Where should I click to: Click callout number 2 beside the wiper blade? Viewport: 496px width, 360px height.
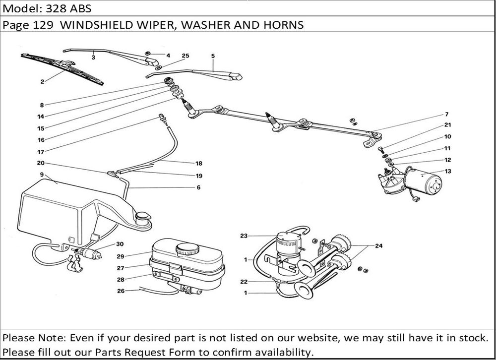pos(43,81)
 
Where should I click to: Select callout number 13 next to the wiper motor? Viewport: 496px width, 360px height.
pos(448,171)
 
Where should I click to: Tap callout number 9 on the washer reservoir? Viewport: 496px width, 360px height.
pos(42,175)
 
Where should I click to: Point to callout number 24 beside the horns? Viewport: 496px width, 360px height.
pos(379,245)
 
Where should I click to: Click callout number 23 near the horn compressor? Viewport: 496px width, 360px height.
pos(244,236)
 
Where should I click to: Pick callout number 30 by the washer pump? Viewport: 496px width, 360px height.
pos(120,244)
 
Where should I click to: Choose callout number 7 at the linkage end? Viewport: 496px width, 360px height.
pos(446,115)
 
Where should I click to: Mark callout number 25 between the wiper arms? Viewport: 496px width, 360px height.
pos(186,56)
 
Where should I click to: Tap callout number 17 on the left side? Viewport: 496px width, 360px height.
pos(41,152)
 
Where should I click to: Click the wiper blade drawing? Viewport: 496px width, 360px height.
pos(62,68)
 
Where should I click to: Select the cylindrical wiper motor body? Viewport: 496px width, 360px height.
pos(424,182)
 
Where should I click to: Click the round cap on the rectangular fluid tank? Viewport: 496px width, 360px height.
pos(187,247)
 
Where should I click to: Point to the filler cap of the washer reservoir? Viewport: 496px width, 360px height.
pos(143,217)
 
